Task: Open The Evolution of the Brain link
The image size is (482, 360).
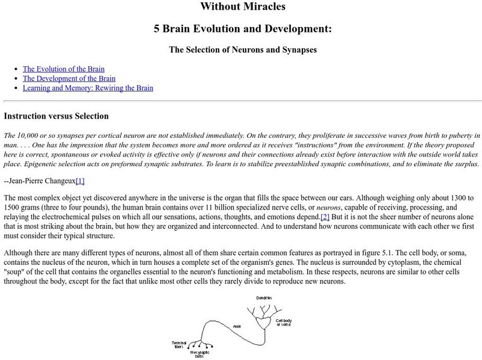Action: [x=64, y=69]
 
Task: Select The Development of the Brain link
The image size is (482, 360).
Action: [x=69, y=78]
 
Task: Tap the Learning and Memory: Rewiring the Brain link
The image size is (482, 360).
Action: [x=88, y=88]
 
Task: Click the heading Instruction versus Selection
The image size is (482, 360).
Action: [x=56, y=116]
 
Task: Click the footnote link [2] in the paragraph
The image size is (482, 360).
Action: [x=325, y=216]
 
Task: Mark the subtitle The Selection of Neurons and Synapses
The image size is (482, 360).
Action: [x=242, y=50]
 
